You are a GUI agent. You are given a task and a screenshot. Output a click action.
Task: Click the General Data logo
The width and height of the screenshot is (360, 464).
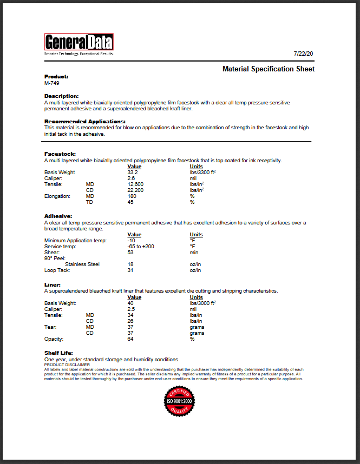[78, 44]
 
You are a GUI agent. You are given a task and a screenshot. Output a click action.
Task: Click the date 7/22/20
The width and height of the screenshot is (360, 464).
[304, 54]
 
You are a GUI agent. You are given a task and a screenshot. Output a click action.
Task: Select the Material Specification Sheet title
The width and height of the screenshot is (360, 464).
[269, 69]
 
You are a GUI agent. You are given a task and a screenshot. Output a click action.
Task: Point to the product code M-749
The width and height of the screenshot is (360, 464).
[52, 83]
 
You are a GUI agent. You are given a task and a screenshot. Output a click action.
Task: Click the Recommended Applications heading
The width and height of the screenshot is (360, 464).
[84, 122]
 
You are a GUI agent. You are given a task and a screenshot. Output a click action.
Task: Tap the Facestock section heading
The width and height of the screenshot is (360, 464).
[60, 154]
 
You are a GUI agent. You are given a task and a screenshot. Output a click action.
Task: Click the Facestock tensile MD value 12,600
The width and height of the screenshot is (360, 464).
[135, 184]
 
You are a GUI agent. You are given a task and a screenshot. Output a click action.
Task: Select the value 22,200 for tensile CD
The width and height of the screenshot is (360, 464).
[135, 190]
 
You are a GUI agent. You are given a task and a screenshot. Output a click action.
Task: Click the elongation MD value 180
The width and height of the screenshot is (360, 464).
[132, 196]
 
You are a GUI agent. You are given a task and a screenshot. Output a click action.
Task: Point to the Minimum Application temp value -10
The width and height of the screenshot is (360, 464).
[131, 241]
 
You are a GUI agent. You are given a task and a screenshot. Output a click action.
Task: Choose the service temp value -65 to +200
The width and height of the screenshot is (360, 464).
[141, 247]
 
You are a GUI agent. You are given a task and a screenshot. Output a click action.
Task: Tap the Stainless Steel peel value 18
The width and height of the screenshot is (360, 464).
[130, 264]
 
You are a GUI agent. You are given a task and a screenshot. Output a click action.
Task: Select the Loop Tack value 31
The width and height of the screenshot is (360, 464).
[130, 270]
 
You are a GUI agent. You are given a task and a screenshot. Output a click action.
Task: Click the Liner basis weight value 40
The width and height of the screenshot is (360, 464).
[130, 303]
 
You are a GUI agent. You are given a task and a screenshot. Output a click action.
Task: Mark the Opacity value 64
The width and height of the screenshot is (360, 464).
[130, 339]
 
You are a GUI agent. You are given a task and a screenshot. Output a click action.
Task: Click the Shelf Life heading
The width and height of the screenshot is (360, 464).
[58, 353]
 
